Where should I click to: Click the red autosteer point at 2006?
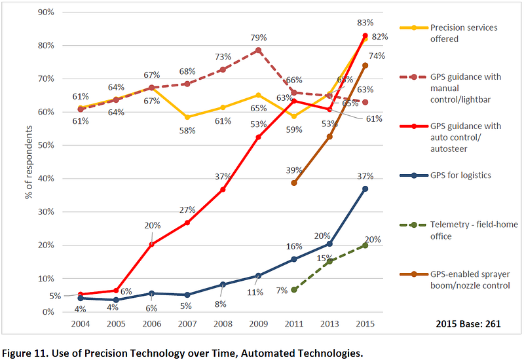pyautogui.click(x=151, y=245)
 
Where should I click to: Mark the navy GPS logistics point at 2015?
pyautogui.click(x=365, y=189)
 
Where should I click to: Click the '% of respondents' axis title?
pyautogui.click(x=29, y=162)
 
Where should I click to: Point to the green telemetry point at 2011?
pyautogui.click(x=294, y=289)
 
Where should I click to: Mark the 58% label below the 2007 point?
pyautogui.click(x=187, y=130)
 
